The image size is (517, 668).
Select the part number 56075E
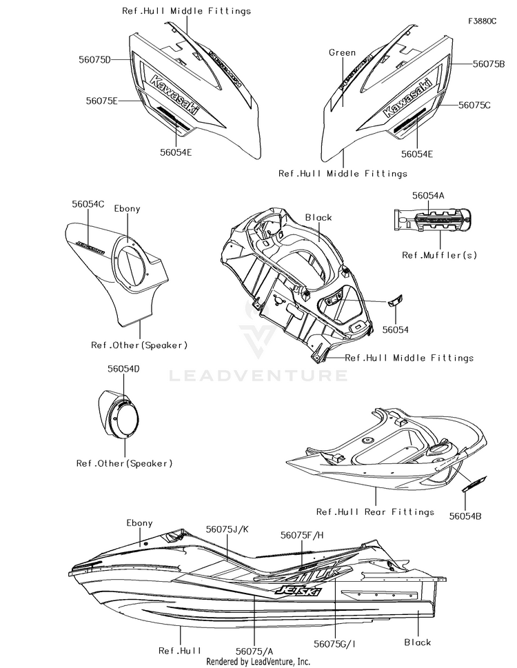[103, 101]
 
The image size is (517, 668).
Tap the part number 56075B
[489, 63]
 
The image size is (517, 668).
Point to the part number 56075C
[474, 105]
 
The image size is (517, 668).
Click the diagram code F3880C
[482, 21]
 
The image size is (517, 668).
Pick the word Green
[343, 52]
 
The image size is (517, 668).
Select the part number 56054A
[428, 196]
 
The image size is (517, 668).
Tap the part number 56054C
[88, 204]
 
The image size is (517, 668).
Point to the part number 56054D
[123, 369]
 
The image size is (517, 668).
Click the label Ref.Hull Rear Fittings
[375, 512]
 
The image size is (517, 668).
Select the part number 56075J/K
[227, 528]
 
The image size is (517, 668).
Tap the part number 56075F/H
[302, 534]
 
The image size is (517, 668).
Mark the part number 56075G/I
[335, 644]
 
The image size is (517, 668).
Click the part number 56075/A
[254, 650]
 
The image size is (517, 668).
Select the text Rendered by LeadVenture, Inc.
[258, 661]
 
